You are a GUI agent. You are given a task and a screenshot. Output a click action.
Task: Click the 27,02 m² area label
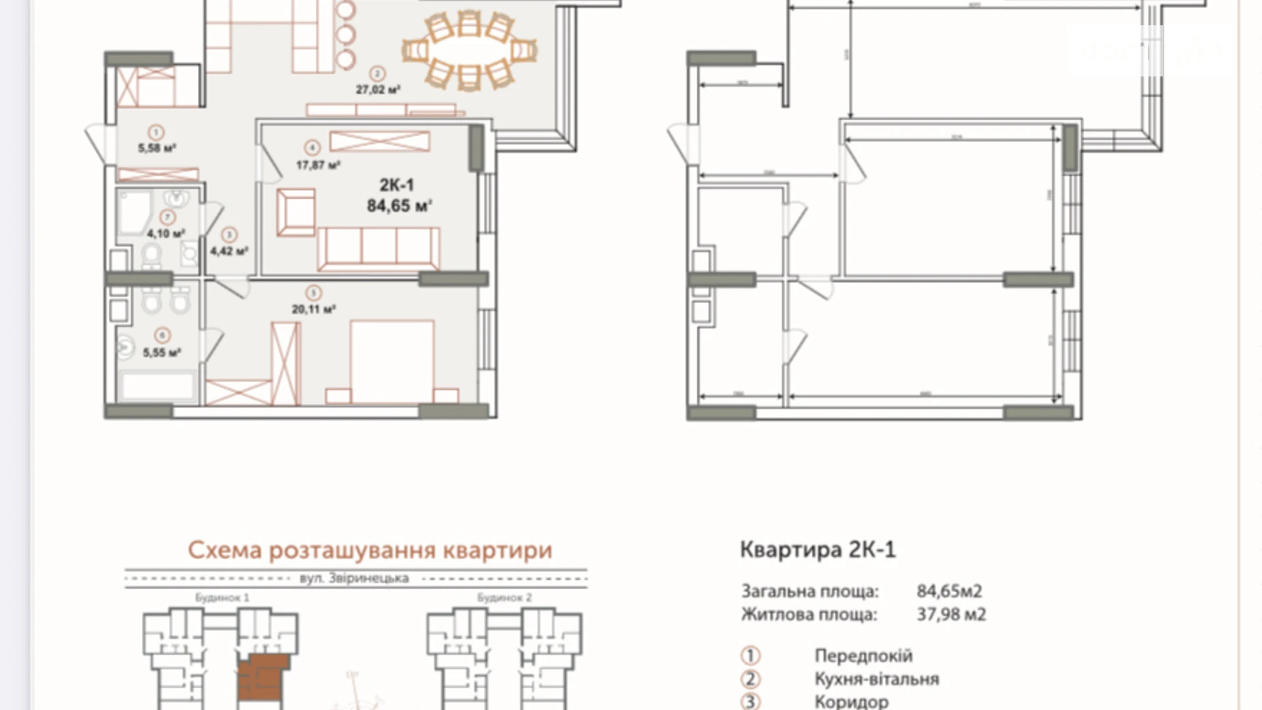point(377,89)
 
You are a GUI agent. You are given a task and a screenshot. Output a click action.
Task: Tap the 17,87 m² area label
point(317,165)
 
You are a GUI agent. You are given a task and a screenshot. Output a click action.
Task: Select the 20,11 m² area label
point(313,309)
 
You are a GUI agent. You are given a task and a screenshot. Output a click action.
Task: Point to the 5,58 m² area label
point(157,148)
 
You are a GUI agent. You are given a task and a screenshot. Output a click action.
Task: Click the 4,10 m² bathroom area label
point(166,233)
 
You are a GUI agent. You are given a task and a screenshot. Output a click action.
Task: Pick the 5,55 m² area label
point(162,353)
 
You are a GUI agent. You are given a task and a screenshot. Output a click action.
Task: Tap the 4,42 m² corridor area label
point(229,251)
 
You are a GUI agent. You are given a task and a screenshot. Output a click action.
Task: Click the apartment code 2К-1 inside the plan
point(396,185)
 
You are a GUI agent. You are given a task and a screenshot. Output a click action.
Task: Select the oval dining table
point(469,50)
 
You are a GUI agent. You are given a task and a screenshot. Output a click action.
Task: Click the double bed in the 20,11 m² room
point(392,362)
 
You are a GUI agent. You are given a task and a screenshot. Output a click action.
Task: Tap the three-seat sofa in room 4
point(378,248)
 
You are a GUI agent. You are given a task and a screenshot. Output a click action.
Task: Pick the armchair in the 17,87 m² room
point(295,212)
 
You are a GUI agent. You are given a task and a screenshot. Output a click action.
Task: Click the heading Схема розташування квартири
point(370,550)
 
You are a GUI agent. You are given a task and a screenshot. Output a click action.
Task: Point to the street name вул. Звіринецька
point(354,578)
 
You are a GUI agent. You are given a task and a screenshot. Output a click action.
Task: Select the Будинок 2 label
point(504,597)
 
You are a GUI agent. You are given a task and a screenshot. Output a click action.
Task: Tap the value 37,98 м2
point(951,614)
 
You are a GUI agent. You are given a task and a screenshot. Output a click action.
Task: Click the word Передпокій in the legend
point(863,656)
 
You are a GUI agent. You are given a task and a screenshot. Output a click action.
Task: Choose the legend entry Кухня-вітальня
point(877,679)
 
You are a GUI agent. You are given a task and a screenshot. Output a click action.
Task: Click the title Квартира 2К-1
point(817,550)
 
